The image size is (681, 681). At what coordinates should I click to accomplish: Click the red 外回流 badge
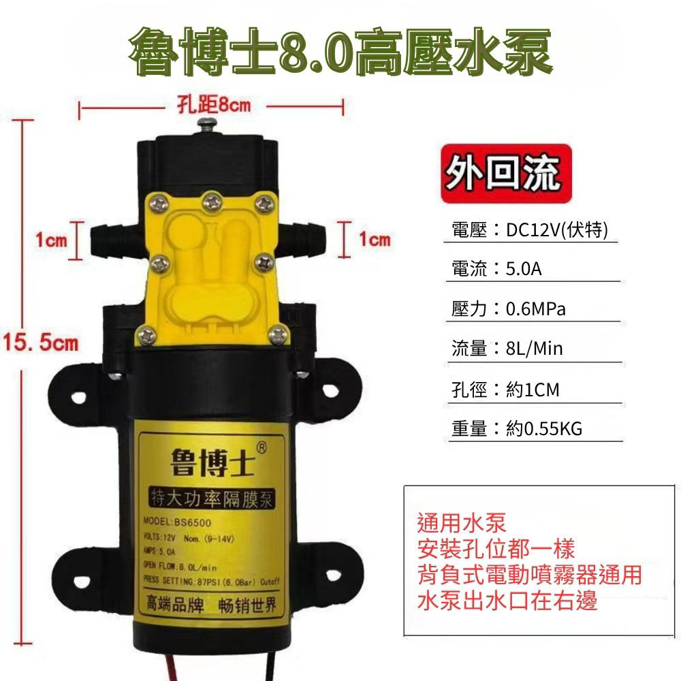pos(502,174)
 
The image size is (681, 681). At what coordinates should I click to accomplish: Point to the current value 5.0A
pos(524,269)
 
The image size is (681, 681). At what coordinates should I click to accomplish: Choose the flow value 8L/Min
pos(535,349)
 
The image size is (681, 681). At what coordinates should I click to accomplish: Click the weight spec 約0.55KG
pos(544,428)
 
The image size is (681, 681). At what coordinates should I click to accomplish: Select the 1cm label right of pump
pos(375,240)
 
